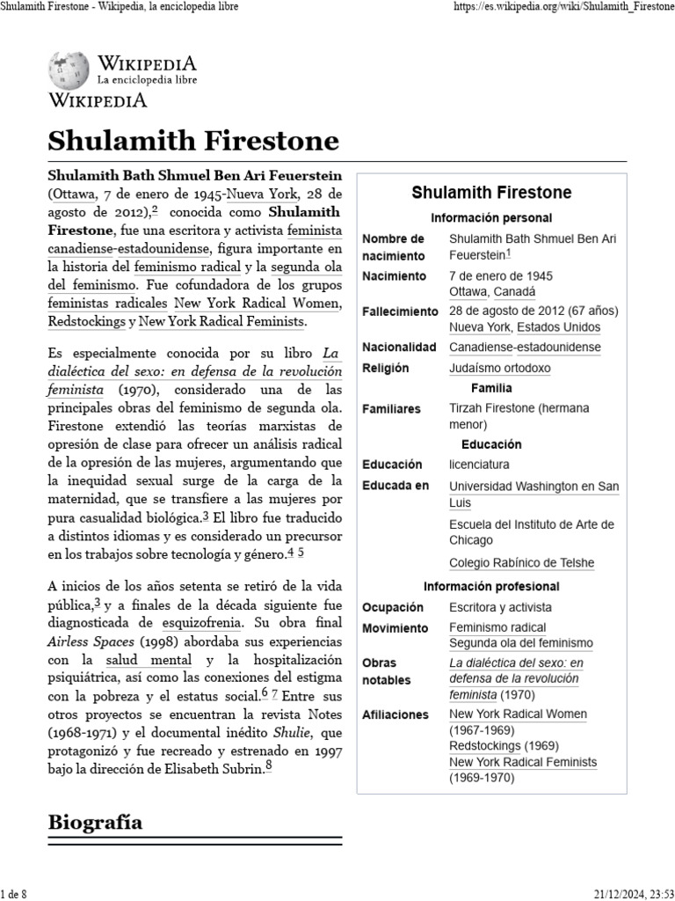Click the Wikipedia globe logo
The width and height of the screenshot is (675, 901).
click(68, 70)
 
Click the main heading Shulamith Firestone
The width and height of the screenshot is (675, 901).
click(192, 141)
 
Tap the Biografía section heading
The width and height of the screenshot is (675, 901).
click(95, 823)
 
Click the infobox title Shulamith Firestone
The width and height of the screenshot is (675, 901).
click(491, 192)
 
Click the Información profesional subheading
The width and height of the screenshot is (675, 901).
click(491, 586)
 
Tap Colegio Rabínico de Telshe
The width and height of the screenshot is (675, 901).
click(521, 563)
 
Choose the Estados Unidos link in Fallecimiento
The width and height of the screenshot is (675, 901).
click(558, 326)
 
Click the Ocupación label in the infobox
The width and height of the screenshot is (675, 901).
click(393, 607)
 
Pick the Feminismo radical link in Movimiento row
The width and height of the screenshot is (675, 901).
click(497, 627)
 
